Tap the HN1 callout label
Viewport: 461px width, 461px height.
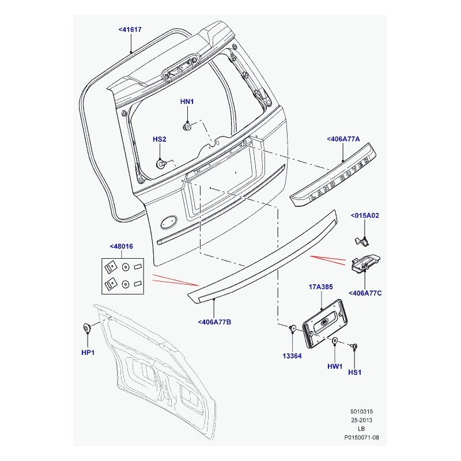click(187, 102)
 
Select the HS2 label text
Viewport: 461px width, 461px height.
click(159, 139)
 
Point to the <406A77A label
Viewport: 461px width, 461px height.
click(343, 139)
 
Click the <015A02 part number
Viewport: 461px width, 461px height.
click(365, 216)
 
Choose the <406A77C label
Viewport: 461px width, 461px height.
click(365, 293)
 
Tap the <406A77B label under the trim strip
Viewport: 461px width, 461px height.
click(214, 322)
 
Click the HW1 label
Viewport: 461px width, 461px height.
click(335, 365)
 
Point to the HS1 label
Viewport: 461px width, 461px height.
click(355, 373)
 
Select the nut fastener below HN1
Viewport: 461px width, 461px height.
click(188, 125)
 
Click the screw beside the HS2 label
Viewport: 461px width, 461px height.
click(162, 164)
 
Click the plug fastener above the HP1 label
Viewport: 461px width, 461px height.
click(88, 328)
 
